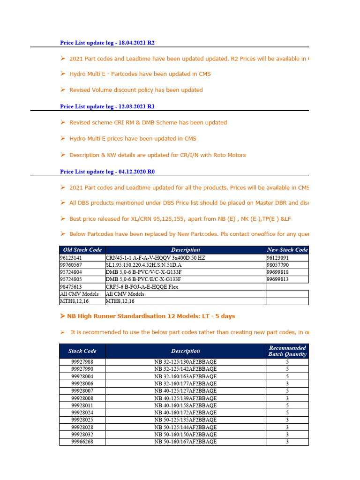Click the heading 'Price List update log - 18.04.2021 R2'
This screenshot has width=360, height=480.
(107, 43)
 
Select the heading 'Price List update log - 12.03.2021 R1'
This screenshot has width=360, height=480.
(107, 106)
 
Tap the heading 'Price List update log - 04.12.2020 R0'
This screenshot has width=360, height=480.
(107, 172)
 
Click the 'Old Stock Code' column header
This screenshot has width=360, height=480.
(82, 250)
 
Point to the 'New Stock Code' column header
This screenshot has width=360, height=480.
(287, 250)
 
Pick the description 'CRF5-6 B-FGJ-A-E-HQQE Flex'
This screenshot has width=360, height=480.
(142, 286)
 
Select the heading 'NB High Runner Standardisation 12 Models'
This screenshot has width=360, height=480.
(151, 316)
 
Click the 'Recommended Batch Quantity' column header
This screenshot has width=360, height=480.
(287, 351)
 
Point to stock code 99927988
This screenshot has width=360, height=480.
(82, 362)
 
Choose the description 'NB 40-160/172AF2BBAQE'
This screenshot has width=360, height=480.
(186, 413)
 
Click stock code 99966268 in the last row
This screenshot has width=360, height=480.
(82, 442)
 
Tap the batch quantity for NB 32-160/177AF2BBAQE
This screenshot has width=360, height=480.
(287, 383)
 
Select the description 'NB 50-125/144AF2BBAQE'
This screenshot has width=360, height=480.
(186, 427)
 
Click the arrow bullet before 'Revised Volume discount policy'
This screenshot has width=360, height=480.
(63, 90)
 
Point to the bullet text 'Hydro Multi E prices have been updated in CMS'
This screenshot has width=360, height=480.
(133, 139)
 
